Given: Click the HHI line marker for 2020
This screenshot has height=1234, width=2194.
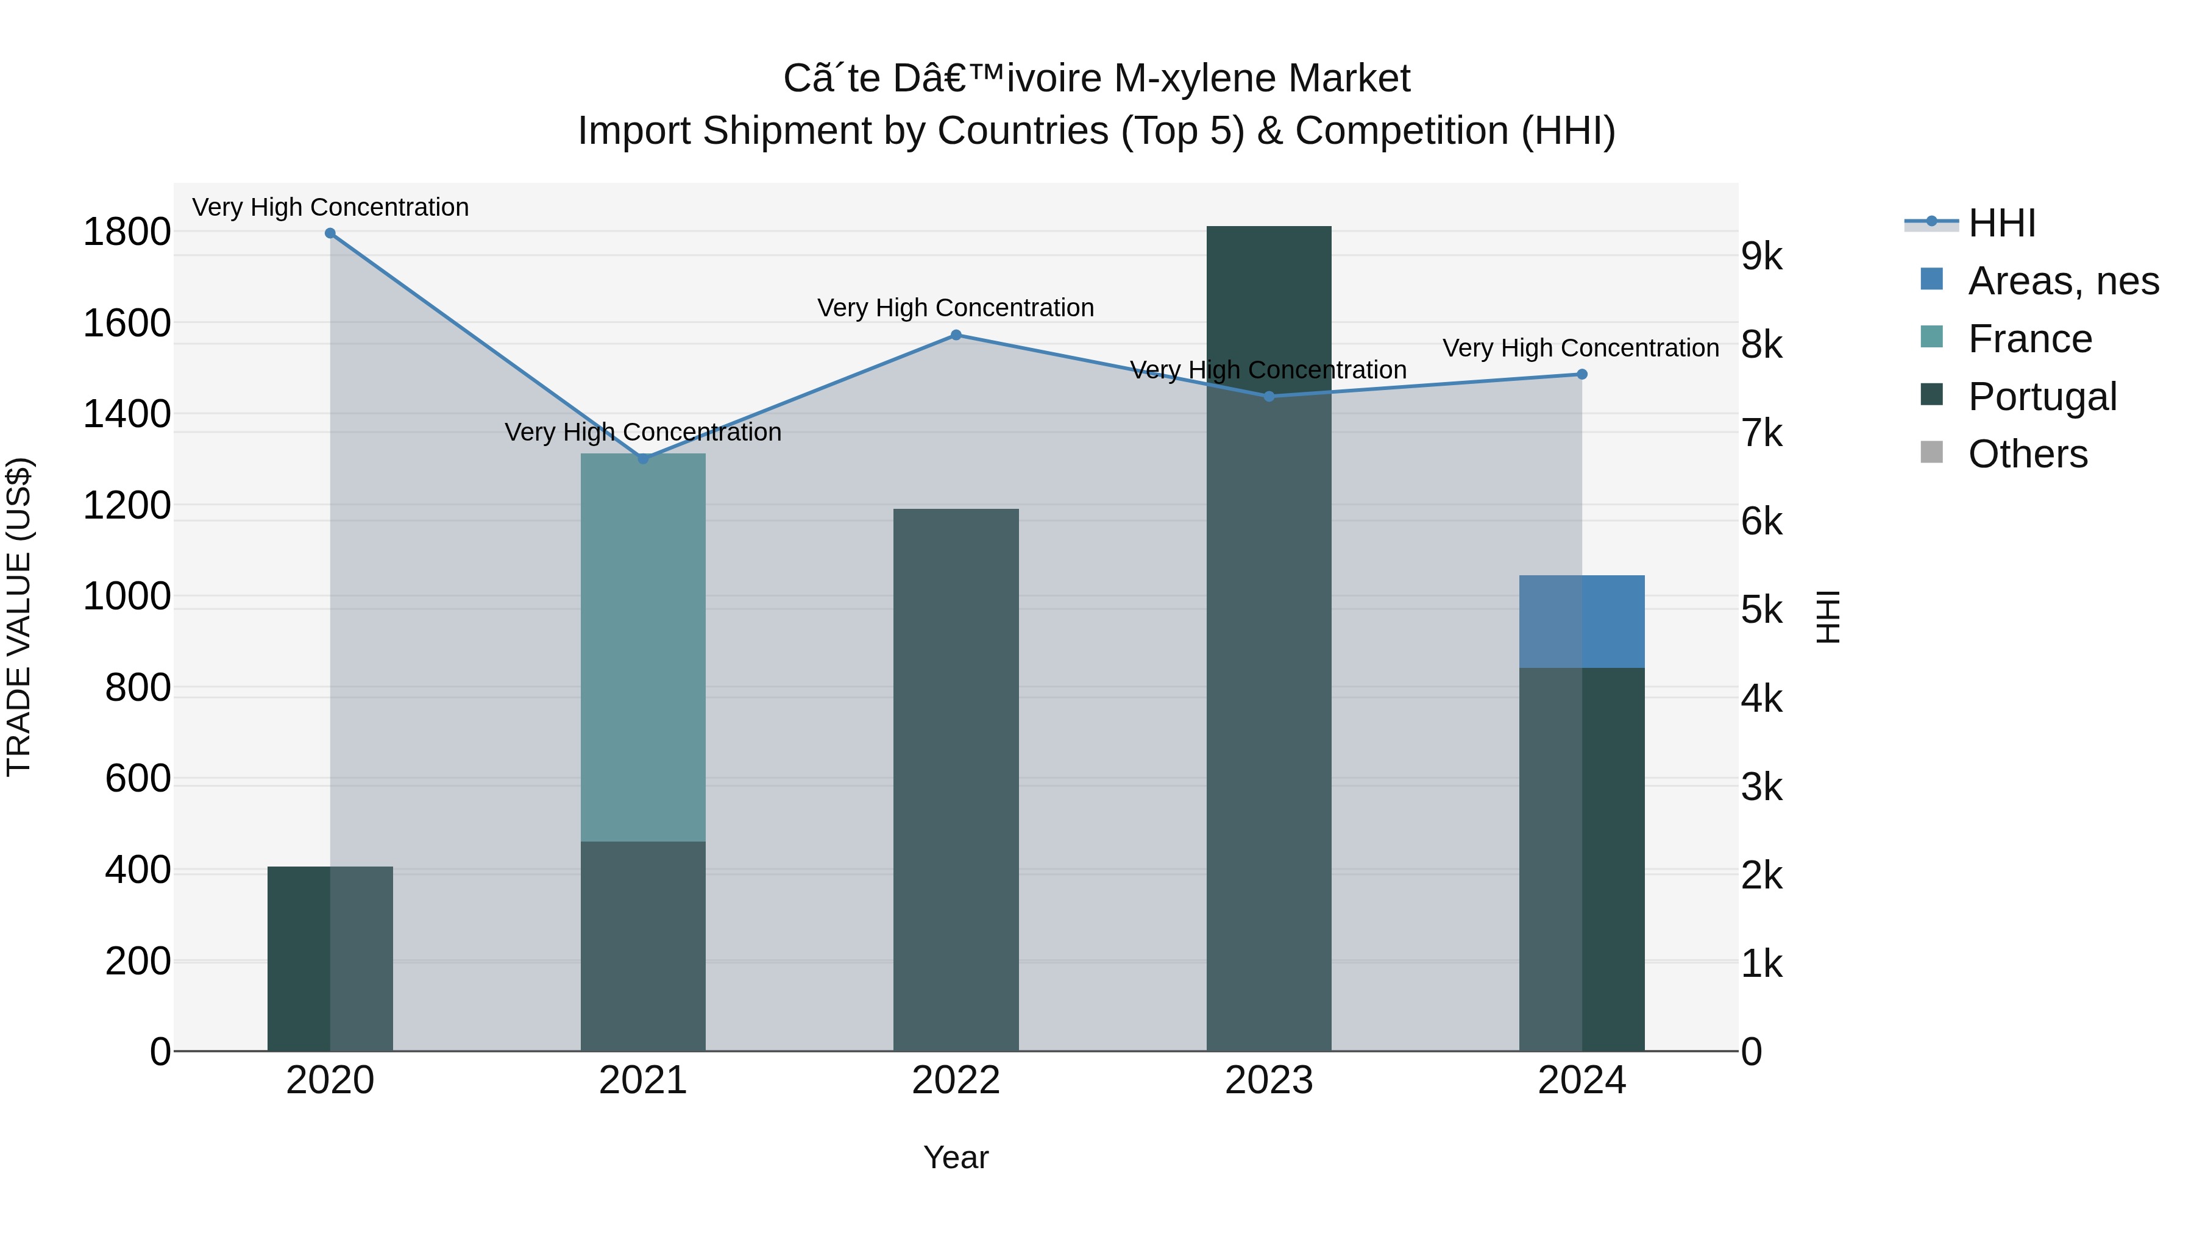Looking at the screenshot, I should (x=330, y=233).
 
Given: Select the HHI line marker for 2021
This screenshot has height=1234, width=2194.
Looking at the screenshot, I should (x=643, y=459).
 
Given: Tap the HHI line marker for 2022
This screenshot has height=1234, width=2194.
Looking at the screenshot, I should (x=956, y=336).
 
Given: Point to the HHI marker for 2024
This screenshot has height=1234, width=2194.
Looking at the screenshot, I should (x=1582, y=375).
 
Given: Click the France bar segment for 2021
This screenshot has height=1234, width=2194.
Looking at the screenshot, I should (x=643, y=647).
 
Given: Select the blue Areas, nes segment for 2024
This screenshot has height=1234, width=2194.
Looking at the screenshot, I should (x=1582, y=622).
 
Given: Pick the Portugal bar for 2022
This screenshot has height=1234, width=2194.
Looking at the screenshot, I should (x=956, y=779).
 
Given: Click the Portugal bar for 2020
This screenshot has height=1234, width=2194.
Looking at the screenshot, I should (x=330, y=958).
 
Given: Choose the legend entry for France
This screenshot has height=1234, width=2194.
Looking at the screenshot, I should (x=2029, y=339).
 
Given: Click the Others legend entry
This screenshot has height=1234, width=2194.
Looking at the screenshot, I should (x=2027, y=454).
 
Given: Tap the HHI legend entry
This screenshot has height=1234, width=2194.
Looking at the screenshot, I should (x=2001, y=223).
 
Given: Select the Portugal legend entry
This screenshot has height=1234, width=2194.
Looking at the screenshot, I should (x=2042, y=397).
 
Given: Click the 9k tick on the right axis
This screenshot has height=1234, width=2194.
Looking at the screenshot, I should (x=1761, y=257).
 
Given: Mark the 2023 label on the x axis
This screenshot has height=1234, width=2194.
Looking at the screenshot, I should (x=1268, y=1080).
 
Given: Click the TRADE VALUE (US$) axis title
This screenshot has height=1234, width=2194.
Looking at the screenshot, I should (x=19, y=617).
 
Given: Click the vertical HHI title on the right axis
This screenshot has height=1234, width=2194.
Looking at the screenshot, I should (x=1827, y=617).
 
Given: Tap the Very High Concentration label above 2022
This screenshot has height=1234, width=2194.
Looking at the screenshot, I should (x=956, y=308).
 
